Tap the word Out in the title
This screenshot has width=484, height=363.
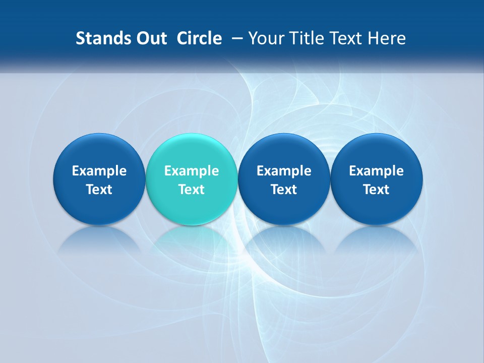pyautogui.click(x=150, y=38)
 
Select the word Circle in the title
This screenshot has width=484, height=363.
pyautogui.click(x=199, y=38)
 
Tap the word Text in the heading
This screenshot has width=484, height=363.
pyautogui.click(x=344, y=38)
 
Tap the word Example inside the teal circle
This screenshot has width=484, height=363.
pyautogui.click(x=192, y=171)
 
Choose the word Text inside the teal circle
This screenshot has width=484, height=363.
pyautogui.click(x=192, y=190)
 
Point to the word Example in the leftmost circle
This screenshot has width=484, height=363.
pyautogui.click(x=99, y=171)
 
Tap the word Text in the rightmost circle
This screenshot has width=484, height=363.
pyautogui.click(x=376, y=190)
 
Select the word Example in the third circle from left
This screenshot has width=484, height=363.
pyautogui.click(x=284, y=171)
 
